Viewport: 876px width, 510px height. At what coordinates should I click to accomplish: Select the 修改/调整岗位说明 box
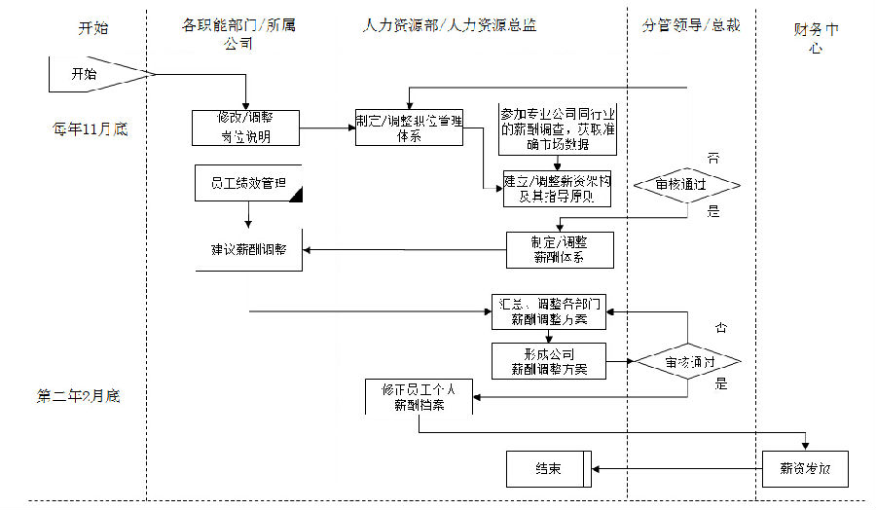[x=245, y=127]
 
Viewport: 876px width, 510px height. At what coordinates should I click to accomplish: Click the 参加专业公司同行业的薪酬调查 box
[x=557, y=128]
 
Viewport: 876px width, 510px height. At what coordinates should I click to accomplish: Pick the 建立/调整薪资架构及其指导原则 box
[x=557, y=188]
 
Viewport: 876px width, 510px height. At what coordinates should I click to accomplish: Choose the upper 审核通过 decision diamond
[x=686, y=184]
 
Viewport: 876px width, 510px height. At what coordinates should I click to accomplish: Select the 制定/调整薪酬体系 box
[x=560, y=248]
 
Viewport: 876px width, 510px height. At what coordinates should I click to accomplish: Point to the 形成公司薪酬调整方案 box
[x=550, y=361]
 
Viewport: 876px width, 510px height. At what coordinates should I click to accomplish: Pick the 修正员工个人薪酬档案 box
[x=420, y=397]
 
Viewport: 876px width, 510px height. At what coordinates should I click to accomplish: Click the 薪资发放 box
[x=805, y=469]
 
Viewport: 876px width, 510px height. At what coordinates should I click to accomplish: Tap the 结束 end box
[x=547, y=469]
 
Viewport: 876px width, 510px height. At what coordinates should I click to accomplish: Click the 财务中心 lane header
[x=816, y=37]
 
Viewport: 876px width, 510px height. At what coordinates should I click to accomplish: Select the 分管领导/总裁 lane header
[x=691, y=25]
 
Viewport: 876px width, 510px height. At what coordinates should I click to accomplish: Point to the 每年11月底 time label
[x=91, y=128]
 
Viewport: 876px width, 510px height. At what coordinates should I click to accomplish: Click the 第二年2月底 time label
[x=78, y=396]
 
